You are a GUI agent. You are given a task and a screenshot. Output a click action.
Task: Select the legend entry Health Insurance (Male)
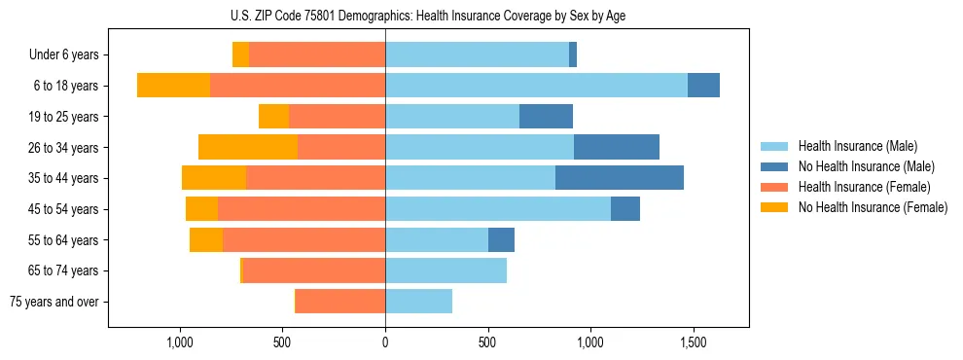coord(856,146)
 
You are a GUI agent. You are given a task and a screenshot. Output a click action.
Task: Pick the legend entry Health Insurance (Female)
coord(864,187)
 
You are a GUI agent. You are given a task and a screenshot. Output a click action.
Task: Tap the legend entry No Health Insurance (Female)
coord(873,207)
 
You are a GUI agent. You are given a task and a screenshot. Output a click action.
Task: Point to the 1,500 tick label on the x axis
coord(694,342)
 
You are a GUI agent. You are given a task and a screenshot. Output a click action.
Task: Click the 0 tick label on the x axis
coord(385,342)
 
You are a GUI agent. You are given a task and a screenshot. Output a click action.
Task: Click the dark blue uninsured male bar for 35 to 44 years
coord(620,178)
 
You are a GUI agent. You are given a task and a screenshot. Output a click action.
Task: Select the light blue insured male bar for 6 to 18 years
coord(536,86)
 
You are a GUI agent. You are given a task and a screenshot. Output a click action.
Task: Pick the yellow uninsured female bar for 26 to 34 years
coord(248,147)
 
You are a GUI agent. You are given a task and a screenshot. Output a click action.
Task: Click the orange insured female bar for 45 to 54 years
coord(302,209)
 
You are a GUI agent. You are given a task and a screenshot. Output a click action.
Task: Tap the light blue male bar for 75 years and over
coord(419,302)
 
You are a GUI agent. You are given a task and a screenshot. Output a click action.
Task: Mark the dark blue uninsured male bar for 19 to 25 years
coord(546,117)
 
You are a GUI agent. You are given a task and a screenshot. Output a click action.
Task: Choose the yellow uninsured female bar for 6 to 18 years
coord(173,86)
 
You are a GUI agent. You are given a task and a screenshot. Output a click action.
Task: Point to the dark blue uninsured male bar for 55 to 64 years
coord(501,239)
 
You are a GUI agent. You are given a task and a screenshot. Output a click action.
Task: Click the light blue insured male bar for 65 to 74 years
coord(446,270)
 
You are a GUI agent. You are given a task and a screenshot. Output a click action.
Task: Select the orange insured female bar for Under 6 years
coord(317,55)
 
